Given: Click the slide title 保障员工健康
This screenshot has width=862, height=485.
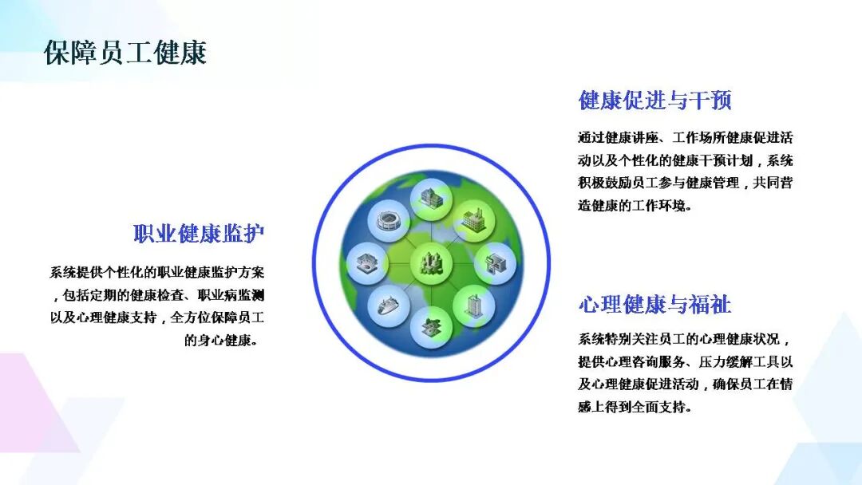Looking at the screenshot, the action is click(x=125, y=53).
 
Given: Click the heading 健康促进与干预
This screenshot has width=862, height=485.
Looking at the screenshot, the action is click(x=654, y=101).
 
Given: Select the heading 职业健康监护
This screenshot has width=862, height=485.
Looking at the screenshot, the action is click(x=199, y=234).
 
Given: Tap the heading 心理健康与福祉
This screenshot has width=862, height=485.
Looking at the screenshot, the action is click(x=654, y=304).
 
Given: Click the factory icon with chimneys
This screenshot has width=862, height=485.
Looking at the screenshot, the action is click(x=473, y=221).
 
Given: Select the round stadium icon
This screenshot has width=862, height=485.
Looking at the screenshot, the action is click(x=389, y=221).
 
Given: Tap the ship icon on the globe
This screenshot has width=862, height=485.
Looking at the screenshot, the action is click(x=389, y=305).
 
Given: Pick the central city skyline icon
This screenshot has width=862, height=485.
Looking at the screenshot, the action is click(x=431, y=263).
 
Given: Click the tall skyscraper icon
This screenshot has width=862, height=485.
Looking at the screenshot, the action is click(x=473, y=306).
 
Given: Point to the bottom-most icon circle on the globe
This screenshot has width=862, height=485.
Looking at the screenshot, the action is click(x=431, y=328).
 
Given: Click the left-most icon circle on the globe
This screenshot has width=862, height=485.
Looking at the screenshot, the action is click(x=368, y=263).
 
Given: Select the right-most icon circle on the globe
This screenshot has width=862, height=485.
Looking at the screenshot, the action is click(x=495, y=263).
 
